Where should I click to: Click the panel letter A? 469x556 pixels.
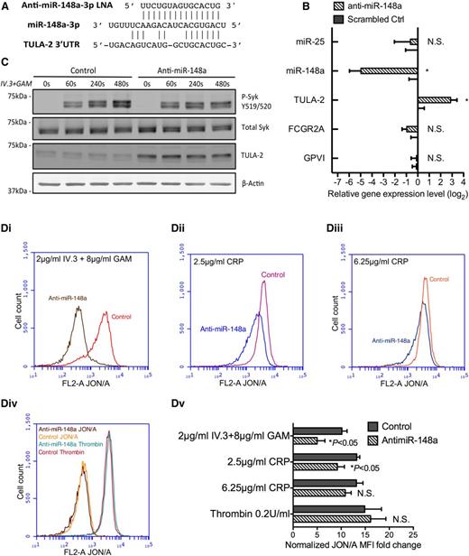tap(7, 8)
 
